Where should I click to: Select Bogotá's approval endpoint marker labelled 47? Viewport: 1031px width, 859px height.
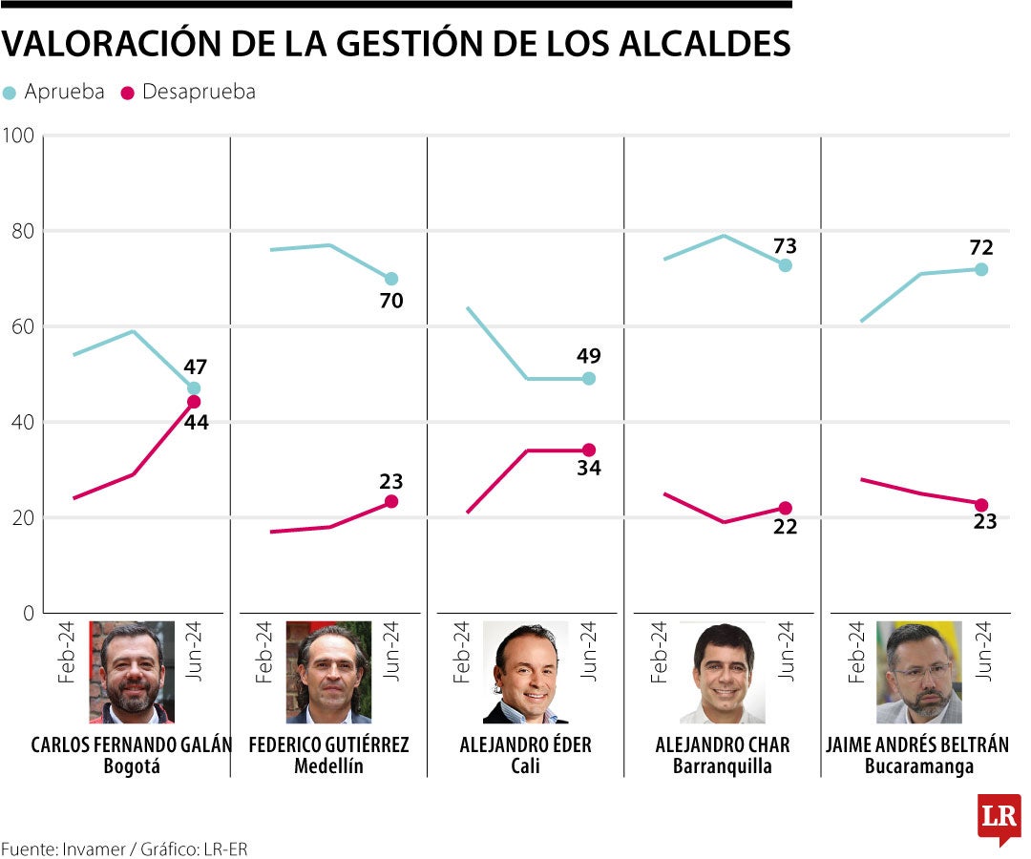click(194, 388)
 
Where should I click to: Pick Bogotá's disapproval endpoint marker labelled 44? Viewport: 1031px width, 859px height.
click(194, 402)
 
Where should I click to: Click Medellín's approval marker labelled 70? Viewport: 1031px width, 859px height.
click(391, 279)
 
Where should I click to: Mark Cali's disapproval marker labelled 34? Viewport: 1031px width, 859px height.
click(589, 450)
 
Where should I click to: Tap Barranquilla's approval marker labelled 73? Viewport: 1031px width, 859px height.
click(786, 265)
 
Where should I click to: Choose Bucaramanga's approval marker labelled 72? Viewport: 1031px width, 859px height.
click(981, 269)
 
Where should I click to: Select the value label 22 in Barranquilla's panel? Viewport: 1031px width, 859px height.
click(785, 527)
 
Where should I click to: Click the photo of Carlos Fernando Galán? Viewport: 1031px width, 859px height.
click(132, 673)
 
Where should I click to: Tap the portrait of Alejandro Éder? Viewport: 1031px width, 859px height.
click(525, 673)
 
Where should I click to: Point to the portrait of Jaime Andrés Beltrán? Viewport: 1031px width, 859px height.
click(919, 673)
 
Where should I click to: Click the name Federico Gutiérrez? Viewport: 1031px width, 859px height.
click(328, 744)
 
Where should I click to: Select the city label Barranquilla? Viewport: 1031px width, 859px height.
click(722, 766)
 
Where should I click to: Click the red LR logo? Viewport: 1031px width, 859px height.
click(999, 817)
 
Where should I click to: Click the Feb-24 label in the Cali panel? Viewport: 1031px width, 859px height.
click(461, 653)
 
